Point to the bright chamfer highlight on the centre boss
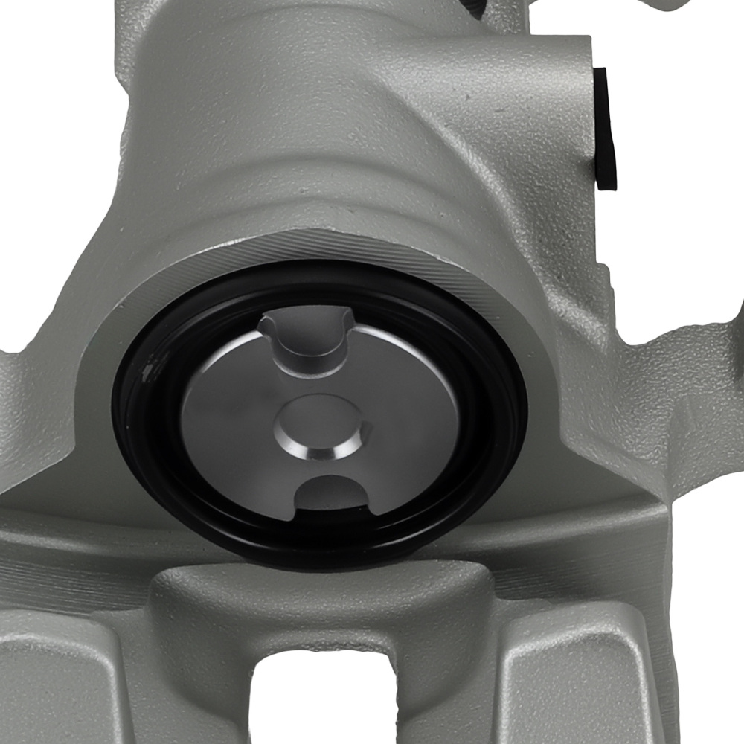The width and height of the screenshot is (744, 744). (x=327, y=452)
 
